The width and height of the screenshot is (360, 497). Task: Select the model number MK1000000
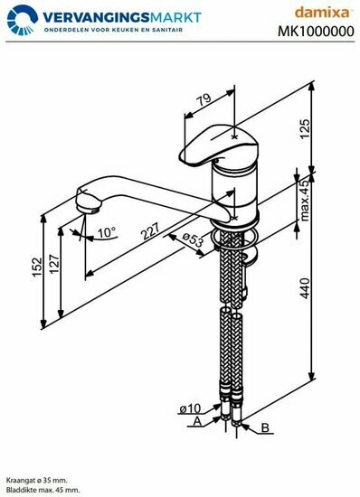point(316,32)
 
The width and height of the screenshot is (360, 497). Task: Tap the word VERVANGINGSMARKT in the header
point(122,17)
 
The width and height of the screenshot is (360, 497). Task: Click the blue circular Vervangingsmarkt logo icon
point(23,20)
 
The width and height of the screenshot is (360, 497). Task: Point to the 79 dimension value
point(204,98)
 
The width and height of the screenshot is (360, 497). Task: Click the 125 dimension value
point(305,128)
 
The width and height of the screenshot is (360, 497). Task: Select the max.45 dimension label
point(305,201)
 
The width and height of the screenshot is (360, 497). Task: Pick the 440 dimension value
point(305,288)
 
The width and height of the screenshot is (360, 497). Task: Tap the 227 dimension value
point(150,230)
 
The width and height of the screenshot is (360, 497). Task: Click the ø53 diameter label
point(193,239)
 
